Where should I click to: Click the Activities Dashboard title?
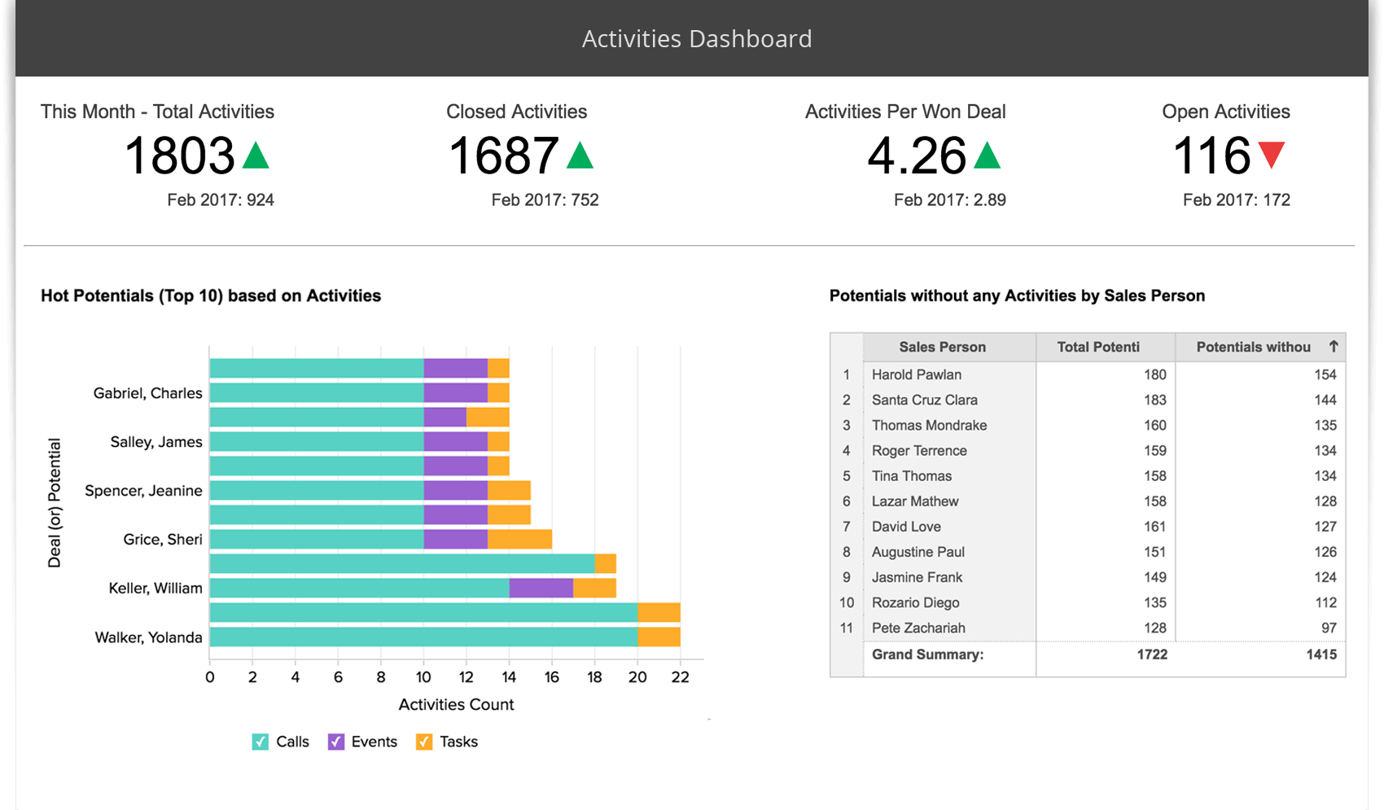(x=697, y=38)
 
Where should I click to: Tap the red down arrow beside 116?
(x=1271, y=153)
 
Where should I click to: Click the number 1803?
(x=179, y=155)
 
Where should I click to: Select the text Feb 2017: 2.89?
(x=949, y=199)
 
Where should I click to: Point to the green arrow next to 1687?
(x=580, y=155)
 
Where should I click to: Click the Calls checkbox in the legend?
(x=261, y=742)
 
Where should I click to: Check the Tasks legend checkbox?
(x=424, y=742)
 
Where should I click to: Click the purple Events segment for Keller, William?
(x=541, y=588)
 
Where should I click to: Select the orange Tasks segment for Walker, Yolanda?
(x=658, y=637)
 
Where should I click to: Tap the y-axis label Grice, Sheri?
(x=162, y=539)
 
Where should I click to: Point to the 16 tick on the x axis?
(x=551, y=676)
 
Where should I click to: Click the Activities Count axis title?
(x=456, y=704)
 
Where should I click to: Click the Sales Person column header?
(x=942, y=347)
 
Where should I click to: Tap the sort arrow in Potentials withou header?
(x=1333, y=346)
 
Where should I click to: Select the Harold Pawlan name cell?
(x=916, y=374)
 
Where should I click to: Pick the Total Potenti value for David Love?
(x=1154, y=527)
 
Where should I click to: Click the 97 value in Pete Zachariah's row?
(x=1328, y=628)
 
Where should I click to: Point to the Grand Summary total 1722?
(x=1151, y=655)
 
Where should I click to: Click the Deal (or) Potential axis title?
(x=55, y=502)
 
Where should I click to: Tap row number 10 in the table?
(x=847, y=602)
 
